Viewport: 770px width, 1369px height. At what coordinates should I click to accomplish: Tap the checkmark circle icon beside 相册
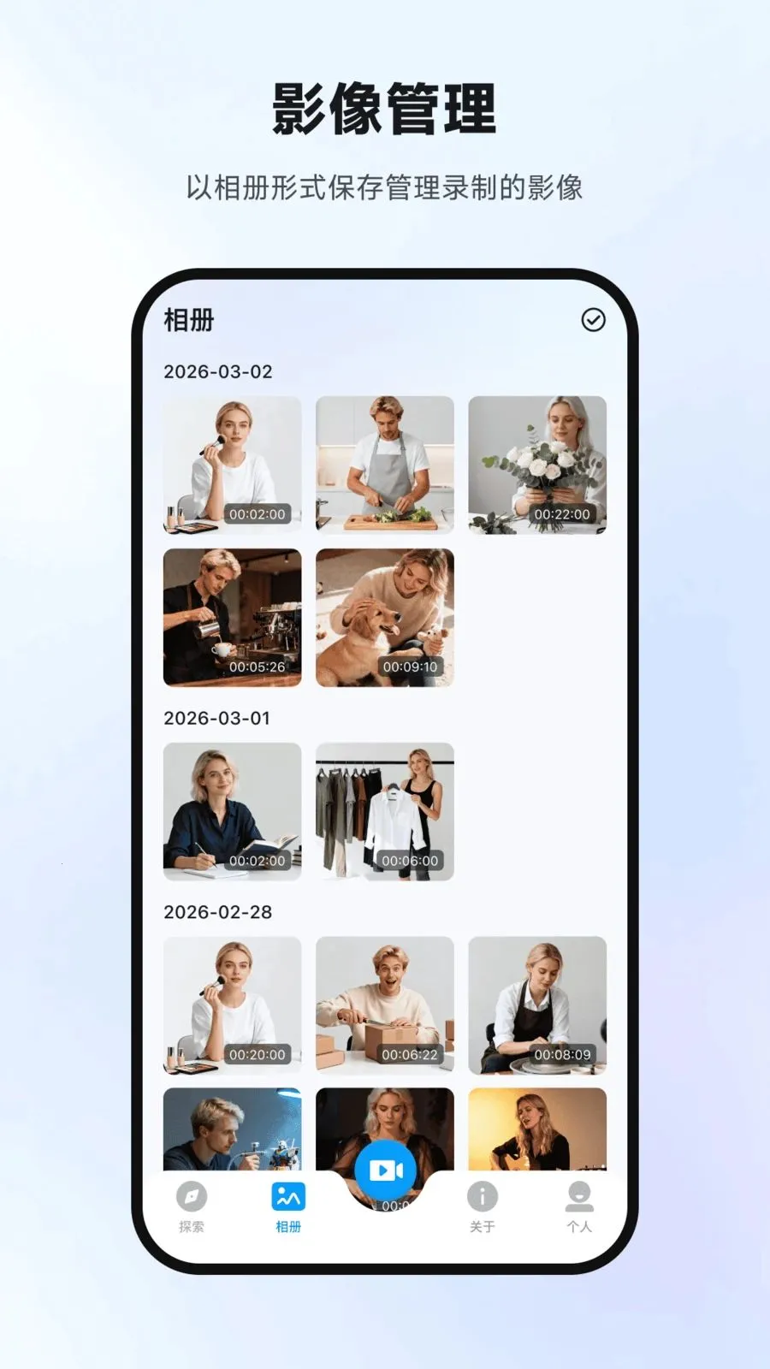pyautogui.click(x=593, y=320)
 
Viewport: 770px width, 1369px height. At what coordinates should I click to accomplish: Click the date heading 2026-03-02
pyautogui.click(x=218, y=371)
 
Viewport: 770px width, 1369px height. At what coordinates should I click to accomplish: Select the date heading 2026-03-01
pyautogui.click(x=217, y=718)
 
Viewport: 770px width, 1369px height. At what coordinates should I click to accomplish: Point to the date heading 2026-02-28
pyautogui.click(x=218, y=912)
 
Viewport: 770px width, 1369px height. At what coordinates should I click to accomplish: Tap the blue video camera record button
pyautogui.click(x=385, y=1170)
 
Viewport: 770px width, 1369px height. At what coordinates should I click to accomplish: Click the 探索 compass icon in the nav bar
pyautogui.click(x=192, y=1196)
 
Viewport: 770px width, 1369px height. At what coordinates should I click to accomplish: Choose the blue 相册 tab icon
pyautogui.click(x=288, y=1196)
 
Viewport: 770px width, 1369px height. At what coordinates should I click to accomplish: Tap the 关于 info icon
pyautogui.click(x=483, y=1196)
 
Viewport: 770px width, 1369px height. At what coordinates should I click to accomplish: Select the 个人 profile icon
pyautogui.click(x=578, y=1196)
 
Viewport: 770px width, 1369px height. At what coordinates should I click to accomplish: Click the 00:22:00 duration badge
pyautogui.click(x=562, y=514)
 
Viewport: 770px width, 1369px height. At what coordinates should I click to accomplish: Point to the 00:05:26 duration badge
pyautogui.click(x=258, y=667)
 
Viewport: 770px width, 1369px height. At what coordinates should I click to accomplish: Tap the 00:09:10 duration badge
pyautogui.click(x=410, y=667)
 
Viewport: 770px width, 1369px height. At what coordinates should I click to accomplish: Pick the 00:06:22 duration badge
pyautogui.click(x=410, y=1054)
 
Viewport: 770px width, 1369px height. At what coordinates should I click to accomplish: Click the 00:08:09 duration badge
pyautogui.click(x=562, y=1054)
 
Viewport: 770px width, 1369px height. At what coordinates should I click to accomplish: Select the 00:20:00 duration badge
pyautogui.click(x=258, y=1054)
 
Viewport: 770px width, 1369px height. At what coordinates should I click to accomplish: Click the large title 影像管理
pyautogui.click(x=384, y=109)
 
